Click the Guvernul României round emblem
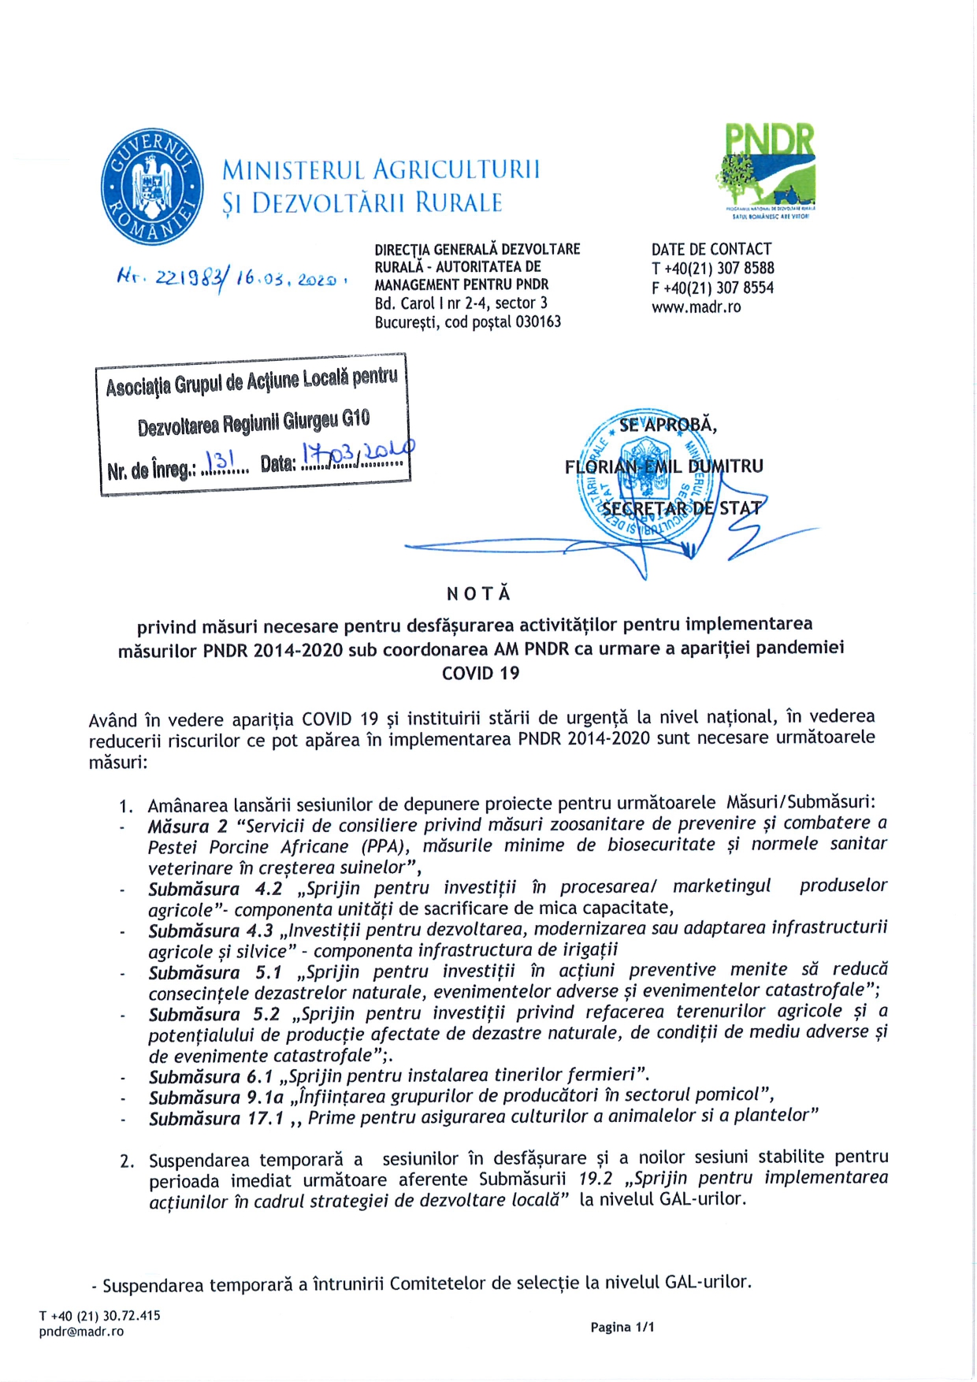[152, 188]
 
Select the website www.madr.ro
[696, 307]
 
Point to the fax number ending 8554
[712, 288]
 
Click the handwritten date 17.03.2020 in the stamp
[357, 455]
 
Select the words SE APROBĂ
[667, 425]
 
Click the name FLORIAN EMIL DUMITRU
[663, 466]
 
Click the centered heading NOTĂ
[479, 594]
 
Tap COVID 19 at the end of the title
[481, 673]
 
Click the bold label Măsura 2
[188, 826]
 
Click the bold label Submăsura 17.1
[216, 1118]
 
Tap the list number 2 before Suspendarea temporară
[127, 1161]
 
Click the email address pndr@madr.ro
[81, 1332]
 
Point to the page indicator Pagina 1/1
[622, 1328]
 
